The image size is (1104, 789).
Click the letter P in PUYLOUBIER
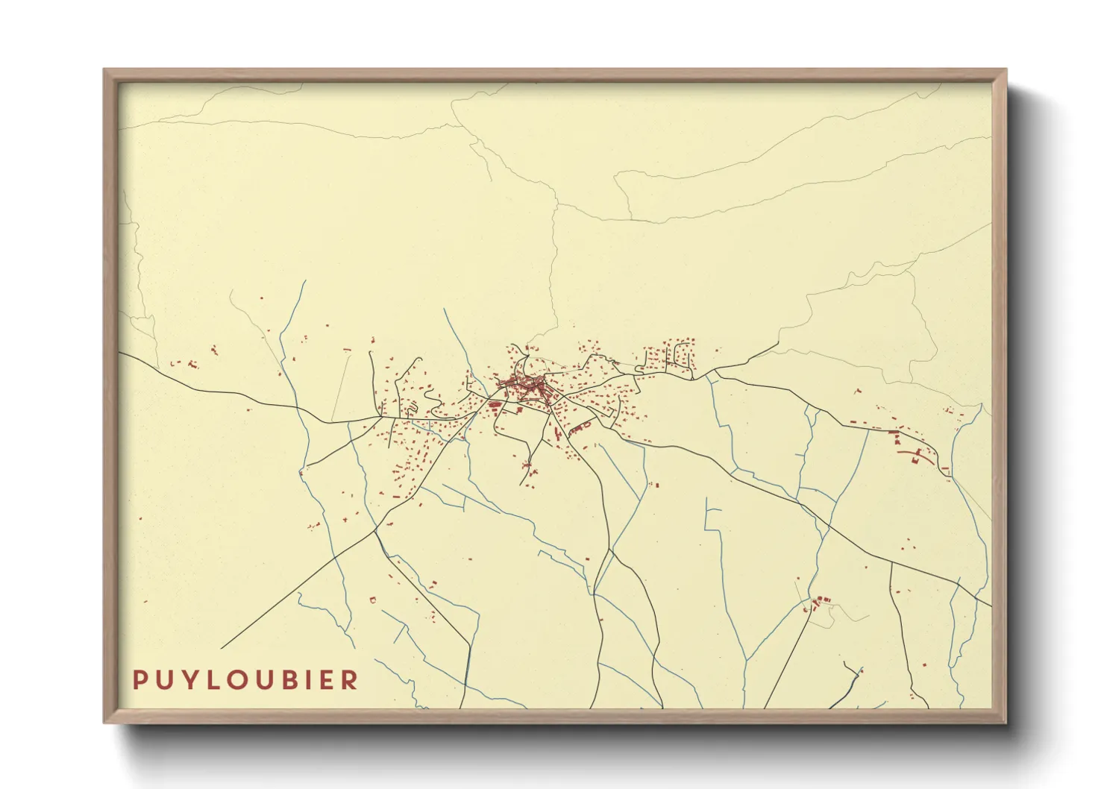[x=139, y=680]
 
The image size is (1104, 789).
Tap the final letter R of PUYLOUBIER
[x=351, y=680]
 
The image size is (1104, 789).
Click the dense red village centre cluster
[x=526, y=387]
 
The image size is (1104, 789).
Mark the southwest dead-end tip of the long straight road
[x=222, y=648]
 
